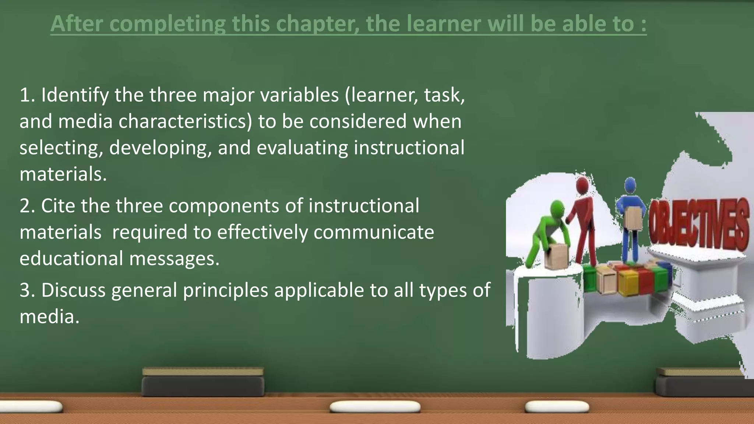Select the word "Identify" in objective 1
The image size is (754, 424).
(75, 95)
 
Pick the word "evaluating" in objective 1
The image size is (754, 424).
(302, 148)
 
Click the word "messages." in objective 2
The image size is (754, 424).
(174, 258)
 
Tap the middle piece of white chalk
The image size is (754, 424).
(375, 407)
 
